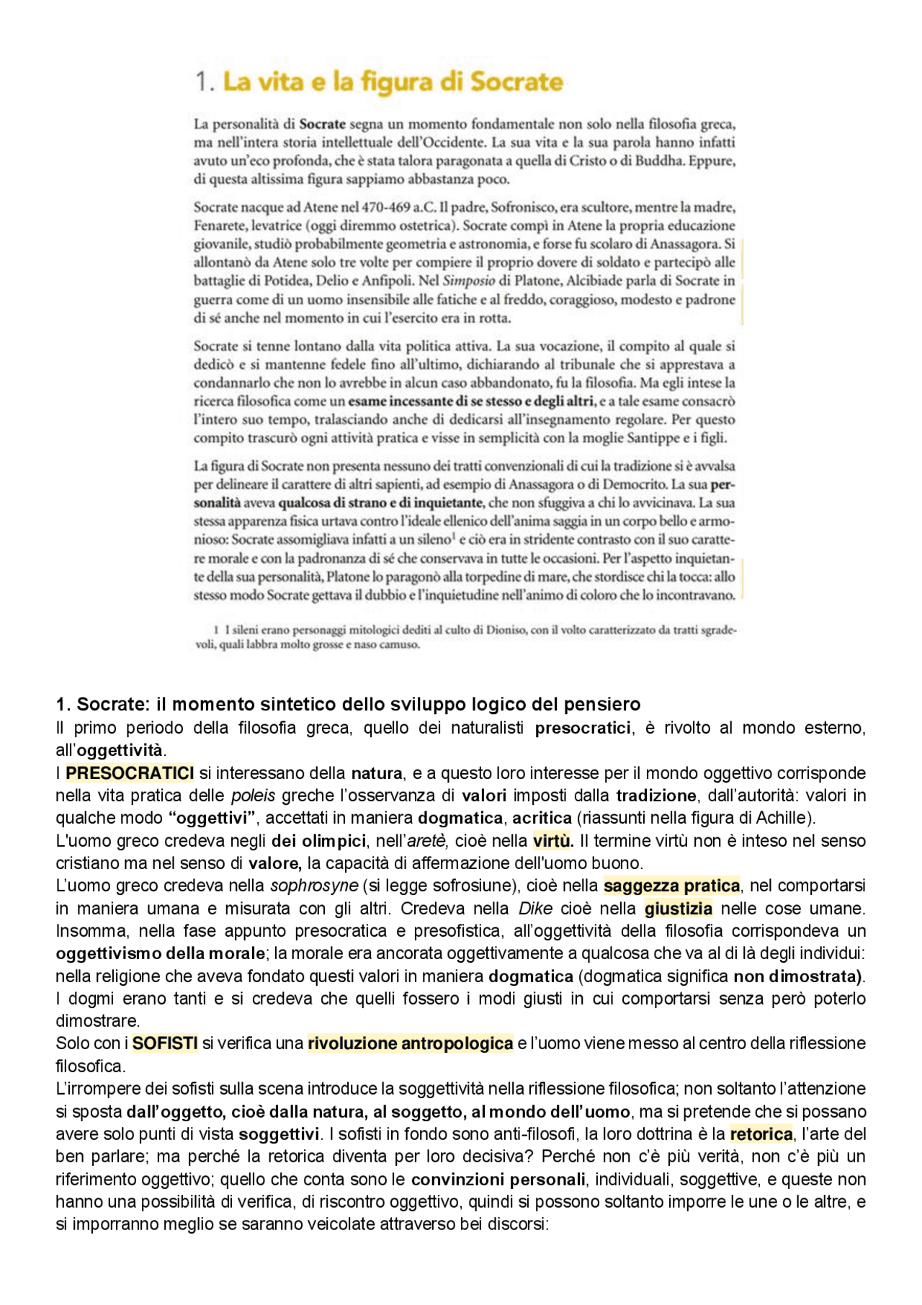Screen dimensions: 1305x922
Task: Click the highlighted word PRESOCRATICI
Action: click(x=130, y=773)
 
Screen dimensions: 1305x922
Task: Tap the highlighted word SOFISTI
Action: click(x=165, y=1043)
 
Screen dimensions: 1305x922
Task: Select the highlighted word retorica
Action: click(x=761, y=1134)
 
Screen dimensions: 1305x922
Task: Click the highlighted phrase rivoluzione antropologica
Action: click(x=410, y=1043)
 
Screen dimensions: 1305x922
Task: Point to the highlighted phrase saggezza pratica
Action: click(x=671, y=886)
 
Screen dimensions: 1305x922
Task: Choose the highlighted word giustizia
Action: click(x=678, y=909)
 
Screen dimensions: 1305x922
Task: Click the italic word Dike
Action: click(x=535, y=909)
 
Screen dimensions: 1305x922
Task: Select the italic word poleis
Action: click(x=254, y=796)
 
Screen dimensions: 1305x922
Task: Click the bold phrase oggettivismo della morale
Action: click(x=160, y=953)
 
